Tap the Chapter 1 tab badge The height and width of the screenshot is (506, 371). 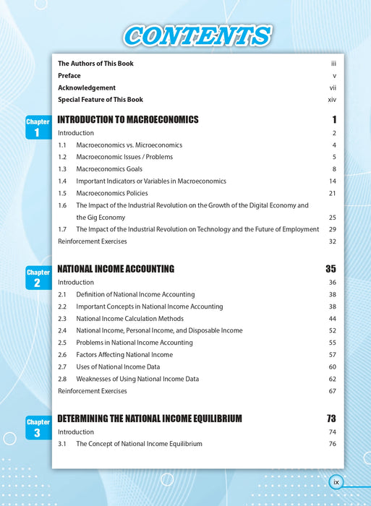tap(38, 128)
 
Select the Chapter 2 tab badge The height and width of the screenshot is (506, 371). tap(38, 278)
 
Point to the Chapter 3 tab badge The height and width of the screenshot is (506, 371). tap(38, 427)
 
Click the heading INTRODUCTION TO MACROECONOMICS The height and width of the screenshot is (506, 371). tap(127, 119)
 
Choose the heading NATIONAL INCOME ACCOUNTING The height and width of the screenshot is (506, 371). tap(116, 269)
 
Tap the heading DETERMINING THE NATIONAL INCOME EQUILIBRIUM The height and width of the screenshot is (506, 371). tap(150, 419)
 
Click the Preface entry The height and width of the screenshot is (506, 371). tap(69, 75)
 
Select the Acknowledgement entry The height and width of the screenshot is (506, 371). tap(87, 87)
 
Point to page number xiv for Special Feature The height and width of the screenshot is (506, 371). tap(332, 99)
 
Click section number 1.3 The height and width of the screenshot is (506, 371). tap(62, 169)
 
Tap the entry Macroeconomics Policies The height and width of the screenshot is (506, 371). tap(112, 193)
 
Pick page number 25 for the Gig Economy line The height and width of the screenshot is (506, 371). tap(333, 217)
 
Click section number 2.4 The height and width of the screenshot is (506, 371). tap(62, 330)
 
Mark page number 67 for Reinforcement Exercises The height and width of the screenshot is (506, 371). tap(333, 391)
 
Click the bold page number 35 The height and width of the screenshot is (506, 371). tap(331, 269)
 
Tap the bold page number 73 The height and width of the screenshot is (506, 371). tap(331, 419)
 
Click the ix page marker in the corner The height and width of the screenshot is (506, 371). tap(336, 481)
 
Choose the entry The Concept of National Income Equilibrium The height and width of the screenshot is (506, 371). tap(140, 444)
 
